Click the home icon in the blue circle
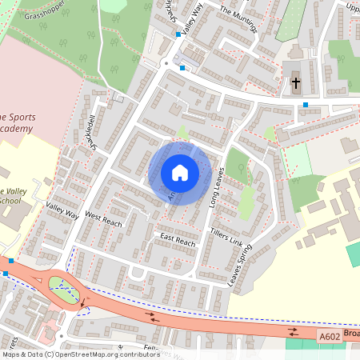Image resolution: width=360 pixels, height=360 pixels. [180, 173]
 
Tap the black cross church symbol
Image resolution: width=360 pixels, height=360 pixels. [295, 82]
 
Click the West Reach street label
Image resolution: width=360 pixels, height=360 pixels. [103, 220]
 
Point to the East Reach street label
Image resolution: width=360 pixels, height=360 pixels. [177, 241]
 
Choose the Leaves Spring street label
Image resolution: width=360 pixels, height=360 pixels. [239, 266]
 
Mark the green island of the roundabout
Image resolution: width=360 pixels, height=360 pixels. [64, 286]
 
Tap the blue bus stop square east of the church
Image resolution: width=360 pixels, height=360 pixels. [306, 105]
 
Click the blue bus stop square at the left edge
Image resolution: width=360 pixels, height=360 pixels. [6, 274]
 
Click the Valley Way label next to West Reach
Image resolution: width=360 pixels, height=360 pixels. [63, 210]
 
